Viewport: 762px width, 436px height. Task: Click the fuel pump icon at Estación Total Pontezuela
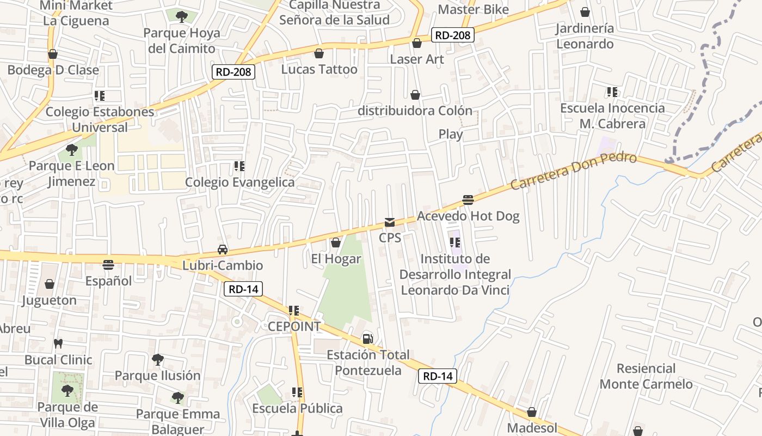(368, 338)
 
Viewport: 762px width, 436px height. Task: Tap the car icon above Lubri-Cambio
(223, 249)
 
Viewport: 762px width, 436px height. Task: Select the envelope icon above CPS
(390, 222)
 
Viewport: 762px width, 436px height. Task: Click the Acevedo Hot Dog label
(468, 216)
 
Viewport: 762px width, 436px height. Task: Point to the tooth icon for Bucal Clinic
(58, 344)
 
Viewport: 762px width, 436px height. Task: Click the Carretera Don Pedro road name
(573, 171)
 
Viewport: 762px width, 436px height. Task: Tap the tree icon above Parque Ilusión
(158, 359)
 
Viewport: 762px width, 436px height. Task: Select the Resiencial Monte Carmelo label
(646, 377)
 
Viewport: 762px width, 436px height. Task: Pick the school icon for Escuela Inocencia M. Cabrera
(612, 92)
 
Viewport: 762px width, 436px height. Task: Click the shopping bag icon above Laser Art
(417, 43)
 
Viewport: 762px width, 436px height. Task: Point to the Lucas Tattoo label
(319, 70)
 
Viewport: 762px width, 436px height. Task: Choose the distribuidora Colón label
(415, 111)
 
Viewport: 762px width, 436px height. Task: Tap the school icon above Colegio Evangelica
(239, 166)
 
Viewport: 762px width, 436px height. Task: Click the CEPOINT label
(294, 326)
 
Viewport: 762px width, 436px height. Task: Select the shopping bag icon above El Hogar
(336, 243)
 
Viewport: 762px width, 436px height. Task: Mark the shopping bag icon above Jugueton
(50, 284)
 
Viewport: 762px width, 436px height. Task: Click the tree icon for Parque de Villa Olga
(67, 390)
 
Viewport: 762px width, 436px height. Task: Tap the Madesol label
(532, 428)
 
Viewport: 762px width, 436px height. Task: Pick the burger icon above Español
(108, 265)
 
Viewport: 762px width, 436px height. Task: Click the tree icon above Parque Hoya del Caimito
(182, 16)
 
